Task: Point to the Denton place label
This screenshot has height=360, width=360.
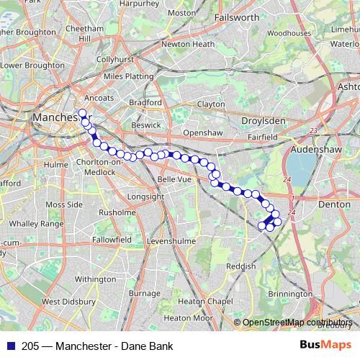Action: (333, 204)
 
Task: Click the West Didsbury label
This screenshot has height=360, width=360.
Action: (69, 302)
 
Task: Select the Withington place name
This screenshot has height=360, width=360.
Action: (95, 279)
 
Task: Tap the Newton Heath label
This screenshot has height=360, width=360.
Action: (188, 44)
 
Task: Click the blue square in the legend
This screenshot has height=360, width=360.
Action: (11, 346)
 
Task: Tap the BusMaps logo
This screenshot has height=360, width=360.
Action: (325, 345)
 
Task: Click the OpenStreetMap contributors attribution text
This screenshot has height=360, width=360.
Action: (297, 322)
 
